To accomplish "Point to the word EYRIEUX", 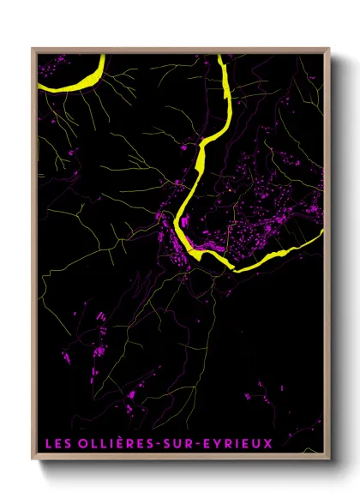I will (x=238, y=443).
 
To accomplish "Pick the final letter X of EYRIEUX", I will (x=267, y=443).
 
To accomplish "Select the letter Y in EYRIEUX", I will (x=219, y=443).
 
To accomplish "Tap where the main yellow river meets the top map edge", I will (x=222, y=57).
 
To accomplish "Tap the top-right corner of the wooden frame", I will (x=328, y=49).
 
